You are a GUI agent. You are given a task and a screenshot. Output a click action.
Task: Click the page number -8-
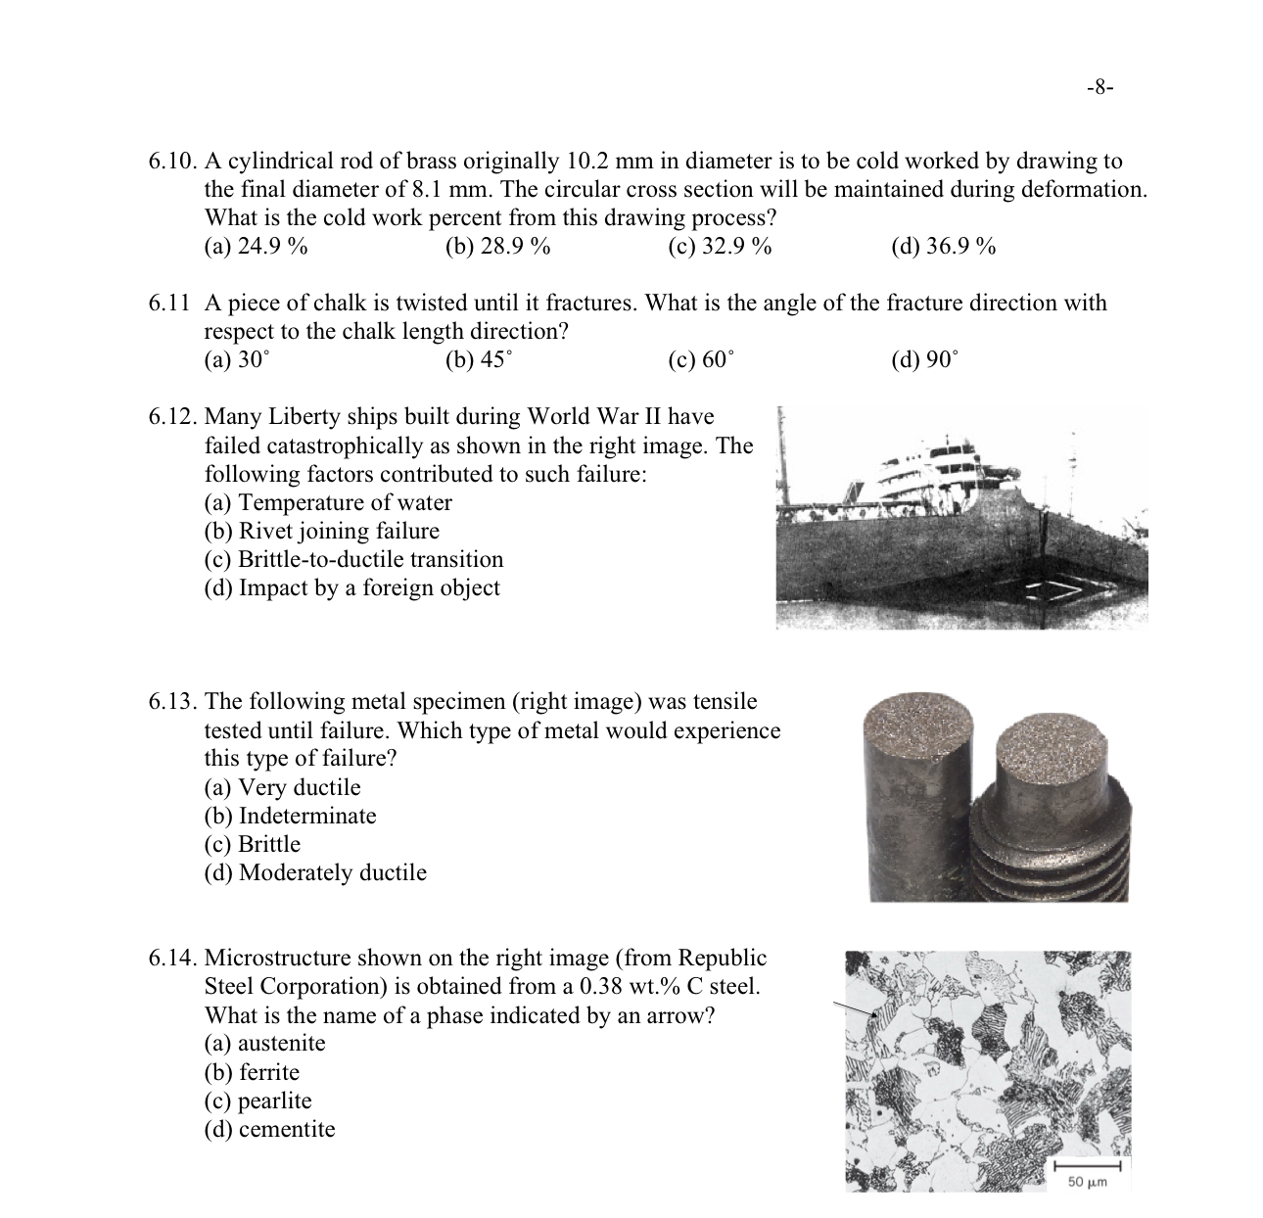point(1100,87)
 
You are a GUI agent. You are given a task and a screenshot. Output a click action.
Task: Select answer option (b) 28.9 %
point(497,247)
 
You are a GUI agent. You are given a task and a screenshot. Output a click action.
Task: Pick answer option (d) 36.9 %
point(943,247)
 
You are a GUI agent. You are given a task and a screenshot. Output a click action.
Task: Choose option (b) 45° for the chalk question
point(478,360)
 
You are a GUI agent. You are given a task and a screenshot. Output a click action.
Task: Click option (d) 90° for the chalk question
point(924,360)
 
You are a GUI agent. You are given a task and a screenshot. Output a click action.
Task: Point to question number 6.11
point(168,304)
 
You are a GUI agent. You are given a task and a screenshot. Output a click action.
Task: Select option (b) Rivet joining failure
point(321,532)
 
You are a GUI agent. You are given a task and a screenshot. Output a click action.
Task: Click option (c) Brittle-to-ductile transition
point(353,560)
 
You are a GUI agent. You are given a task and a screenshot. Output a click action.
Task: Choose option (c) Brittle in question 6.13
point(253,845)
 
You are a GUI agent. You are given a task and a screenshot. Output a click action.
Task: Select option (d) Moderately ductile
point(315,873)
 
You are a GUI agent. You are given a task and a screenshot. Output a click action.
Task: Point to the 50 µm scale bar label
point(1087,1183)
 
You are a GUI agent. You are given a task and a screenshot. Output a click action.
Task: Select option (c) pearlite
point(257,1101)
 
